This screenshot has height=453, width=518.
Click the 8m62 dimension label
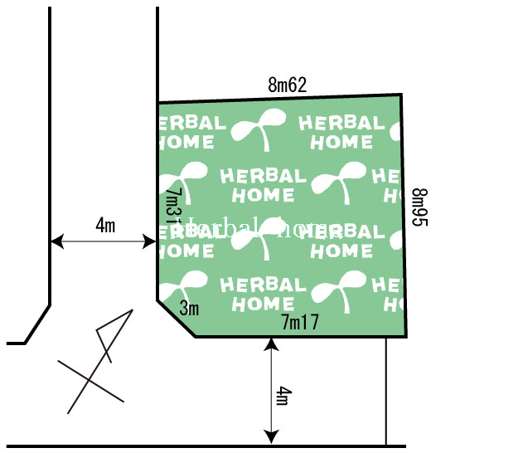point(288,85)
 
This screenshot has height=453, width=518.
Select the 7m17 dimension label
point(300,322)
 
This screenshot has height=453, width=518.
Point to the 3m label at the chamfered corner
point(190,309)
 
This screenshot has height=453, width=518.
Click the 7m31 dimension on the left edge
point(172,207)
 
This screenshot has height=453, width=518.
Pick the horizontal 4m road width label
point(105,225)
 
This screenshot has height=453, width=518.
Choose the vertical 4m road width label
point(283,396)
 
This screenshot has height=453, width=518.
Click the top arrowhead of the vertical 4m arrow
point(270,343)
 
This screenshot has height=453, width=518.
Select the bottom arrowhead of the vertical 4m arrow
point(270,437)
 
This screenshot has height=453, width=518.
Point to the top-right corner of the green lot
point(402,95)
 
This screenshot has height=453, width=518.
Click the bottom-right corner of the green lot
point(406,336)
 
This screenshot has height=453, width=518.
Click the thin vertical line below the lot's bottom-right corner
point(386,390)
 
